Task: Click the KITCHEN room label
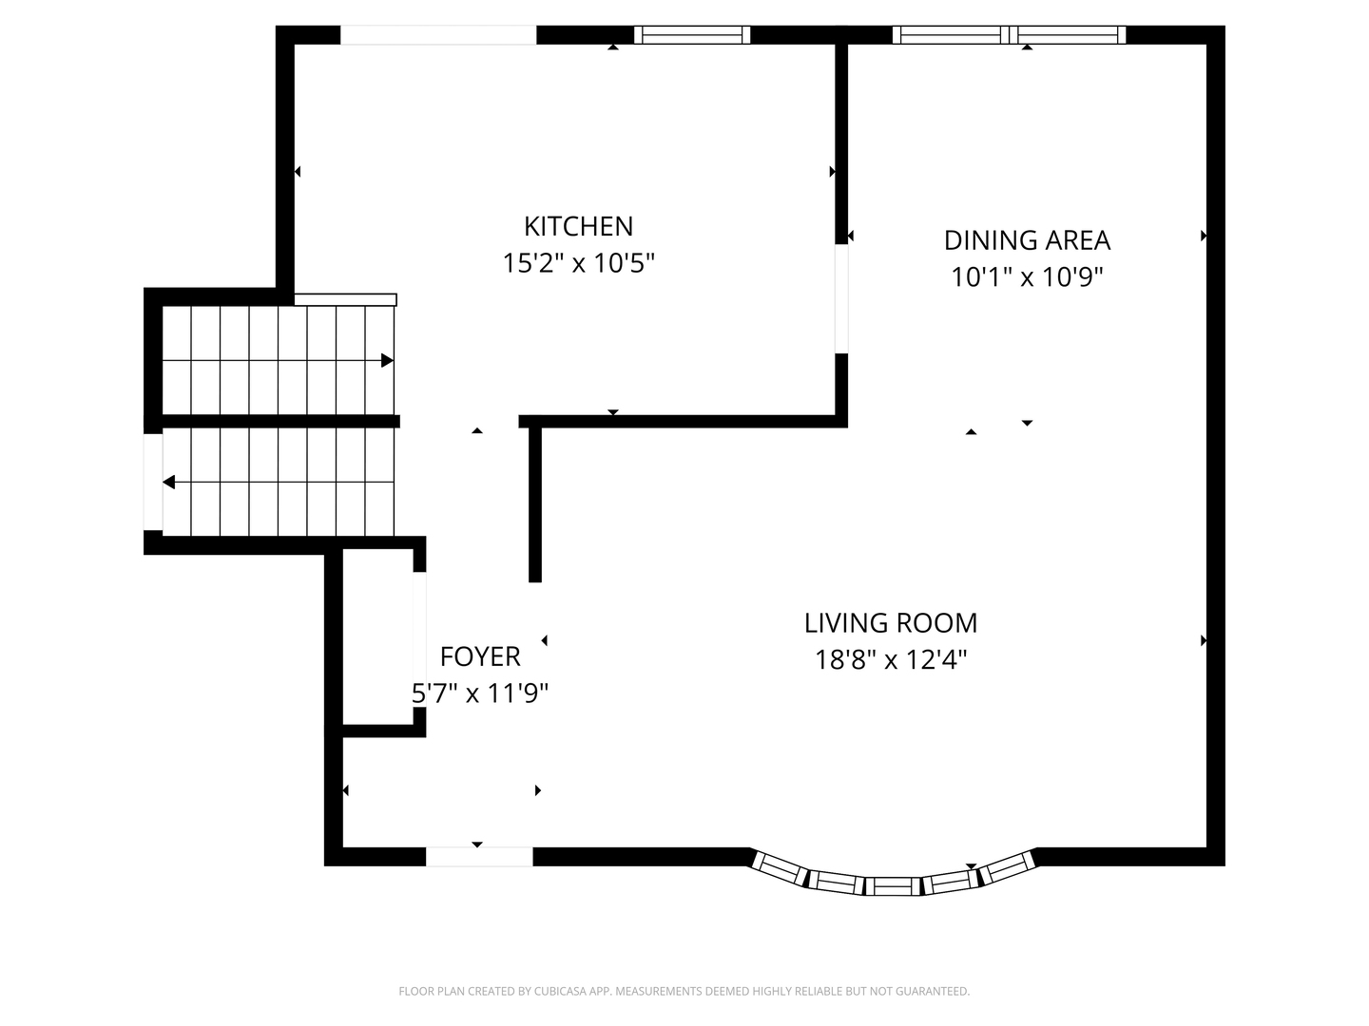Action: (x=578, y=226)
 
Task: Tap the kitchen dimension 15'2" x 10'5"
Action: (x=578, y=263)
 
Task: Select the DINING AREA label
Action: (x=1027, y=240)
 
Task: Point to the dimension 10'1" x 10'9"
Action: (x=1027, y=277)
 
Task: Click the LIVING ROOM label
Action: (x=891, y=623)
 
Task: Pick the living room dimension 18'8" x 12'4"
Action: (x=891, y=659)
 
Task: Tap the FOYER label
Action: (x=480, y=656)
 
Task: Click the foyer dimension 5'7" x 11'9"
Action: (x=480, y=693)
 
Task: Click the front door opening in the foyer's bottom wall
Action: (x=479, y=857)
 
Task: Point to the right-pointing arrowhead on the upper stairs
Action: (x=387, y=361)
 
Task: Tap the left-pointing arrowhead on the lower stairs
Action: (x=169, y=483)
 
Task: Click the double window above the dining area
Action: (x=1009, y=35)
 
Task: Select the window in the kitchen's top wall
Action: (x=692, y=35)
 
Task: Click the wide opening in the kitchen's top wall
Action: (x=438, y=35)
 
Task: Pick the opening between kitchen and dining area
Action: (x=841, y=299)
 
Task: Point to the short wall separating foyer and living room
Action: (x=535, y=503)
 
